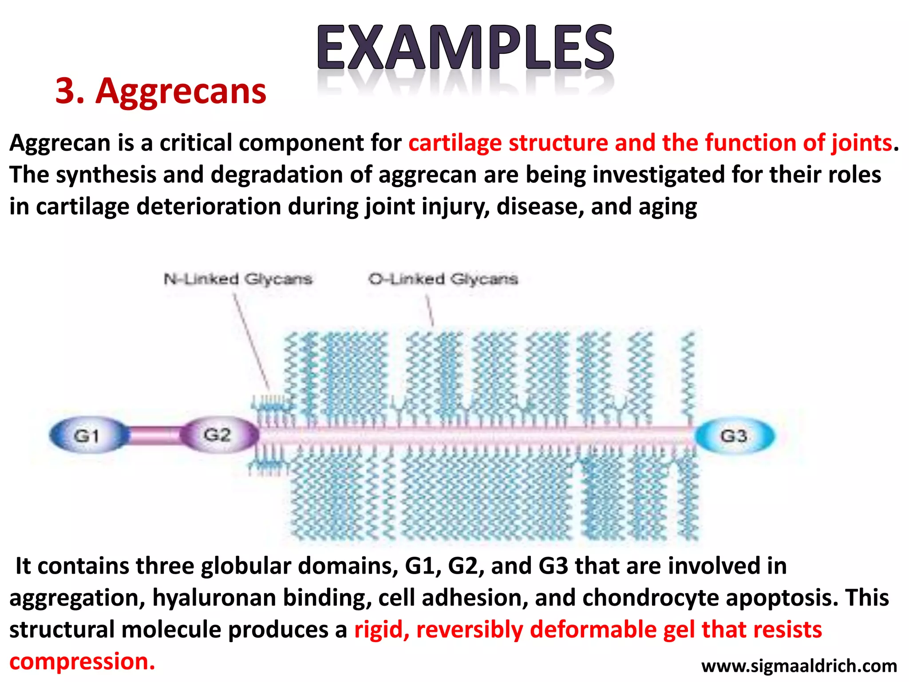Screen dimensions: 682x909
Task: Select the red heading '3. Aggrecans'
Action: (161, 91)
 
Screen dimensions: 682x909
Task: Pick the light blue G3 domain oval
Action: (734, 436)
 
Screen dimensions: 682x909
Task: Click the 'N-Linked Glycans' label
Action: (238, 279)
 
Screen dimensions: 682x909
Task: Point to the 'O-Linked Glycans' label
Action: (443, 279)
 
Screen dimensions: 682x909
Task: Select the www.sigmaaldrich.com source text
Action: (799, 666)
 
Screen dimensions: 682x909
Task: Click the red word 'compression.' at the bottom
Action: (82, 662)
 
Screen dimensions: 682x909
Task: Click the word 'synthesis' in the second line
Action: (106, 174)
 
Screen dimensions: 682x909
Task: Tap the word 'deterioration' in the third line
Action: (209, 206)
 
